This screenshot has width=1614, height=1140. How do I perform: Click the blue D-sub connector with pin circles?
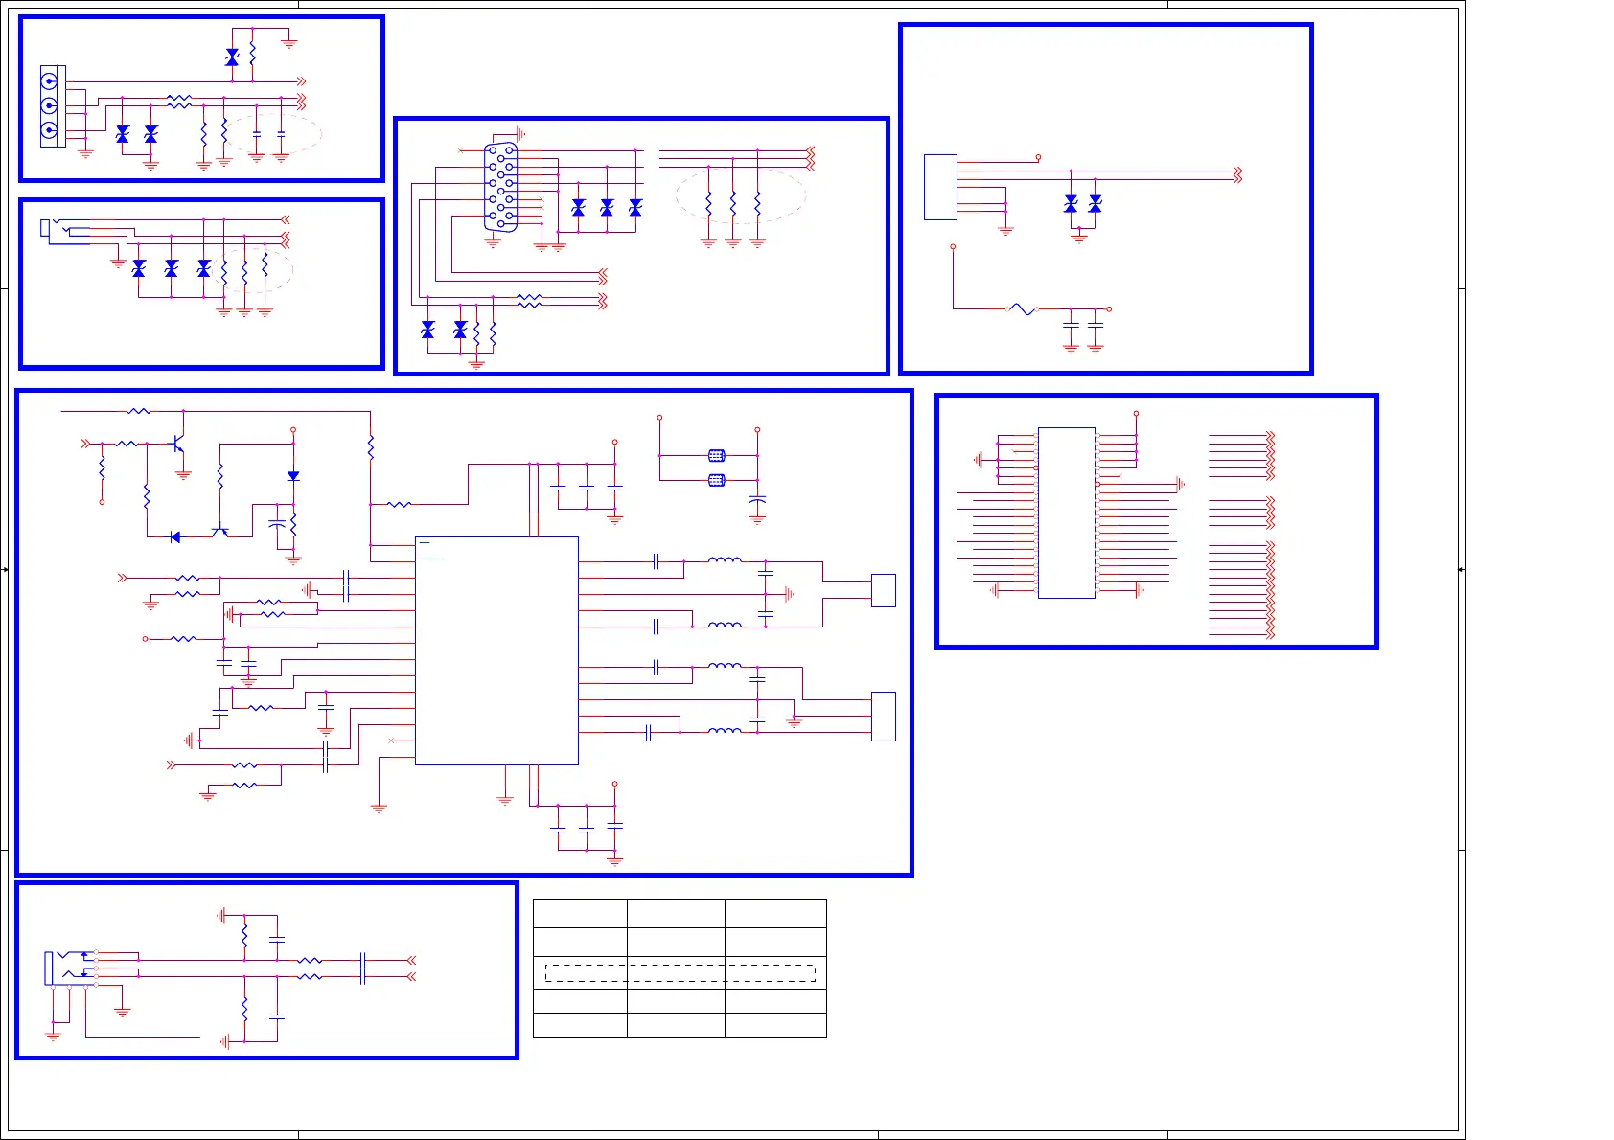coord(500,188)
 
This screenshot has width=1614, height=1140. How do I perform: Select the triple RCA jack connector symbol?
coord(52,106)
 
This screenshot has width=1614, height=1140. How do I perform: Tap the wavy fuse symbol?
coord(1022,309)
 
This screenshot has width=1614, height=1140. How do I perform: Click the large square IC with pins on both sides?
coord(496,650)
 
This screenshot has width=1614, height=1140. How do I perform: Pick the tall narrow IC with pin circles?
coord(1067,513)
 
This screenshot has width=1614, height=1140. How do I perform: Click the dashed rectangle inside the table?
coord(680,973)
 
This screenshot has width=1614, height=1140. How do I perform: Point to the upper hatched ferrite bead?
coord(716,456)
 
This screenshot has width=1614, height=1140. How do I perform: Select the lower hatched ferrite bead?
coord(716,480)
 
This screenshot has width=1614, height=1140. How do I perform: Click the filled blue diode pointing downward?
coord(293,476)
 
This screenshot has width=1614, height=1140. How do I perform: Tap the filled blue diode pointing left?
coord(174,537)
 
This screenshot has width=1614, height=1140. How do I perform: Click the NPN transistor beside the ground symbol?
coord(177,445)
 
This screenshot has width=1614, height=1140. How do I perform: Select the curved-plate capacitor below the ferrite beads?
coord(757,500)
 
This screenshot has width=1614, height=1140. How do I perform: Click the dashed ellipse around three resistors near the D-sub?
coord(741,197)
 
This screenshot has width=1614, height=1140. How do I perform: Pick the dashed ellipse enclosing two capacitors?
coord(272,135)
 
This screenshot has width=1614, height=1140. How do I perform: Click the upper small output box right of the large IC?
coord(883,590)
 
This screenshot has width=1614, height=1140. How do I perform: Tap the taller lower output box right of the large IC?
coord(883,717)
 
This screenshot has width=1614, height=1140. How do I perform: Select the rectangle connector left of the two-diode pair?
coord(940,188)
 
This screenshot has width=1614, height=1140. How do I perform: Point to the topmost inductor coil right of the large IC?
coord(724,560)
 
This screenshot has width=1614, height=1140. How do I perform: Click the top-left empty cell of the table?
coord(580,913)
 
